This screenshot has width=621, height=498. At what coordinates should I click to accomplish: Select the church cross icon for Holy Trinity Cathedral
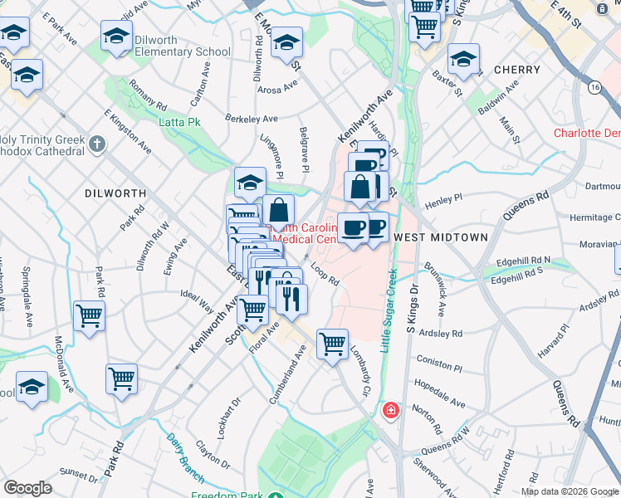(x=97, y=145)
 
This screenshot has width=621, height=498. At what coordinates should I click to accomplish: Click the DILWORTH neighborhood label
(x=115, y=193)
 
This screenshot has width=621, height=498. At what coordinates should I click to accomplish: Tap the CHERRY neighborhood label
(x=517, y=70)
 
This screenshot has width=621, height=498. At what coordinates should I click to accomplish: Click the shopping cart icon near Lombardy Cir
(x=332, y=341)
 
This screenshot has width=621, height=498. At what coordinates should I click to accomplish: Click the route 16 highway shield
(x=594, y=86)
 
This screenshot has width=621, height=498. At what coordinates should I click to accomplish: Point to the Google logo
(x=28, y=488)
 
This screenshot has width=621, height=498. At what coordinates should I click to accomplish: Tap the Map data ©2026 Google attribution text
(x=569, y=491)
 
